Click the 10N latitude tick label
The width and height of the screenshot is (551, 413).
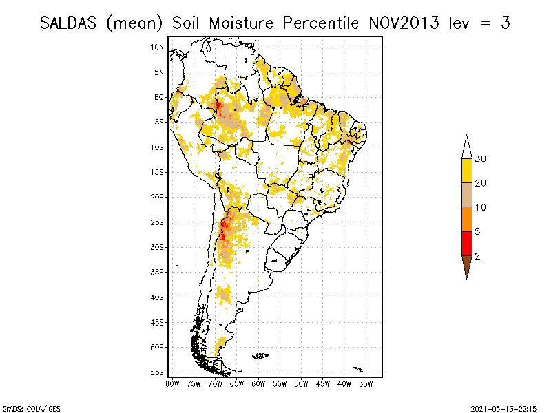pos(158,47)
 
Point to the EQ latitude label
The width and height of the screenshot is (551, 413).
pos(159,97)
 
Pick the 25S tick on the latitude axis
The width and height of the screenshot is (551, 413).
pos(158,222)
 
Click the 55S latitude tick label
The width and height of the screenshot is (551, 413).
pos(158,372)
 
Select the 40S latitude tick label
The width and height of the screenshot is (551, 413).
pos(158,297)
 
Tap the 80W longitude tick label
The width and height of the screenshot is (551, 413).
pos(172,383)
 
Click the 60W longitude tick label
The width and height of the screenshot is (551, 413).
pos(259,383)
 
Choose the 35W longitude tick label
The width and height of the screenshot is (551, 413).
pos(366,383)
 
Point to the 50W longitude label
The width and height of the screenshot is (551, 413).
pos(302,383)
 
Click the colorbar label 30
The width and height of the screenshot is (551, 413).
pos(481,159)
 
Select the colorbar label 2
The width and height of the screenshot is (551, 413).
pos(477,256)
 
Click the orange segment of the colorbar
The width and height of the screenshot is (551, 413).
pos(466,220)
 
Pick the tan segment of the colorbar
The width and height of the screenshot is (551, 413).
pos(466,195)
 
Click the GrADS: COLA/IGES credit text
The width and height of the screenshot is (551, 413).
pos(23,408)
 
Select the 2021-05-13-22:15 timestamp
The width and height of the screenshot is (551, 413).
pos(503,408)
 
